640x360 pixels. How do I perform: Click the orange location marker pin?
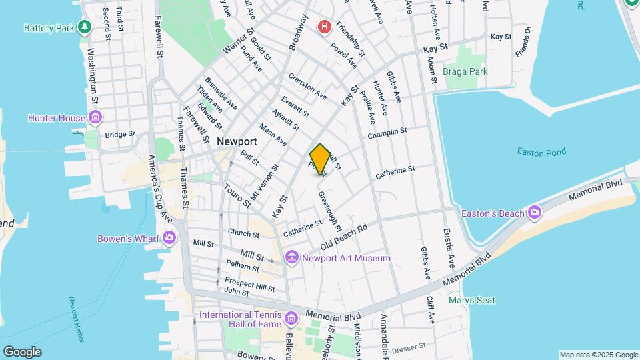[x=320, y=159]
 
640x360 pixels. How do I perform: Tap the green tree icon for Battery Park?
[x=84, y=27]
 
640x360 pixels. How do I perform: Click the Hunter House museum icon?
[x=95, y=118]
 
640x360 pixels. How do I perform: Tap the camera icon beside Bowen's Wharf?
[x=169, y=237]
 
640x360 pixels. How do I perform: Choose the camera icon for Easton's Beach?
[x=534, y=213]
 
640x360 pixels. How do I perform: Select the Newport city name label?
[x=237, y=141]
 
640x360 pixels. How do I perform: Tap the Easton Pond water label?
[x=541, y=151]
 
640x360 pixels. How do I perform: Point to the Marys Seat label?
[x=471, y=300]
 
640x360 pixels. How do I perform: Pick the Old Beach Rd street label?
[x=344, y=237]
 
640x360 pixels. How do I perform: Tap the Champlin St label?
[x=387, y=133]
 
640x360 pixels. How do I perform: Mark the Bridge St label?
[x=119, y=134]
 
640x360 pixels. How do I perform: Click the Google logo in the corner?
[x=22, y=352]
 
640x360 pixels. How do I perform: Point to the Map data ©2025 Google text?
[x=597, y=355]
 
